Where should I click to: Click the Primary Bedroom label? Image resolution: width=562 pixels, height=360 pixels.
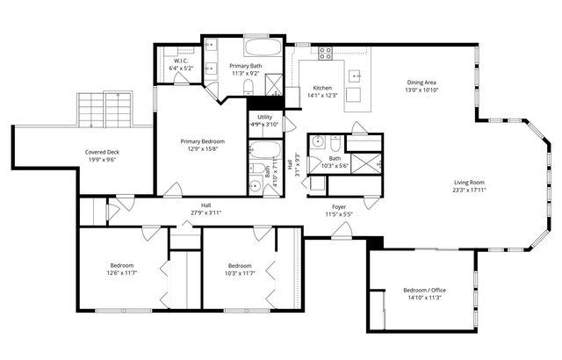pos(203,141)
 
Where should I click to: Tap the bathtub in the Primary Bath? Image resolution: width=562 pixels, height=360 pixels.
pos(261,47)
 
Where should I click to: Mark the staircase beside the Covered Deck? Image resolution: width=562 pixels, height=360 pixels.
pos(104,110)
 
